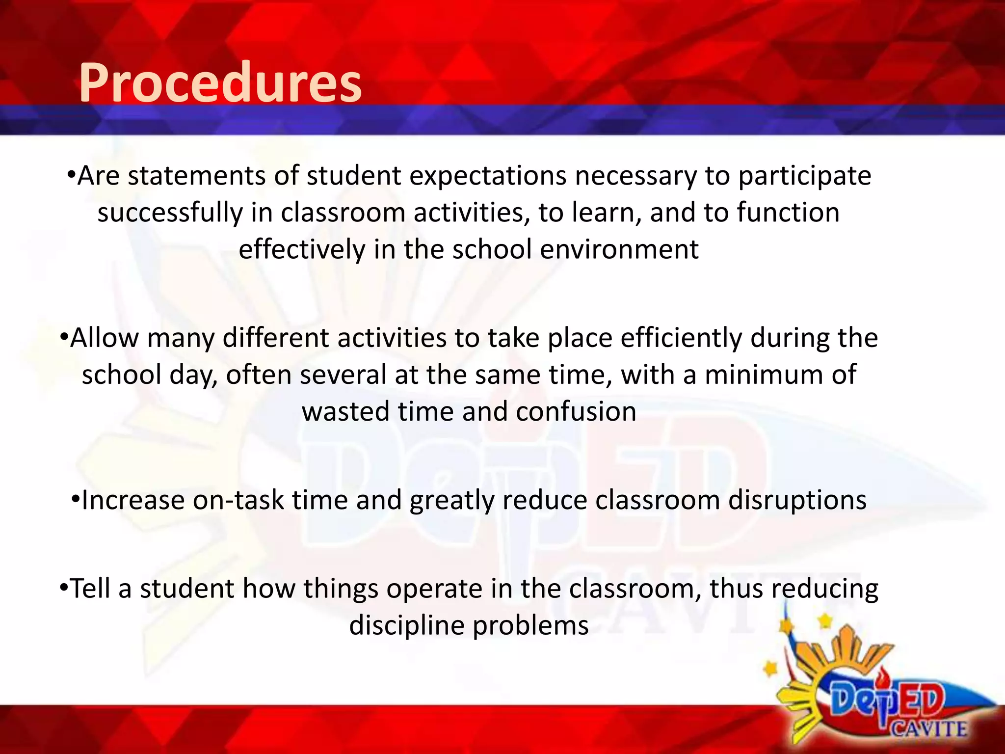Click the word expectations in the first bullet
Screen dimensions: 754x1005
(x=488, y=176)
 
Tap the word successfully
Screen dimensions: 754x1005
(x=170, y=213)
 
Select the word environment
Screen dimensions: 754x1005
(x=619, y=249)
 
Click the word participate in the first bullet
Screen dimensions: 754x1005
(x=805, y=176)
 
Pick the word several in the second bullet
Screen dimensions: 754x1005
(x=344, y=375)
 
